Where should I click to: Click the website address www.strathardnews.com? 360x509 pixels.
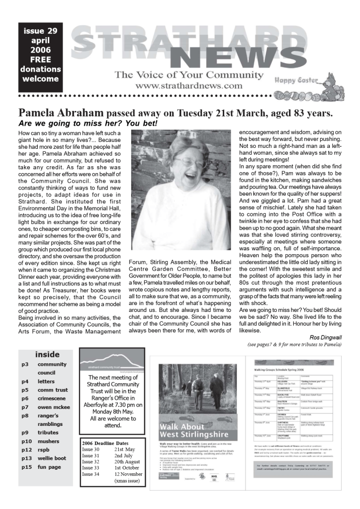point(188,86)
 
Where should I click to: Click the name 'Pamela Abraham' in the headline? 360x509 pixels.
point(62,112)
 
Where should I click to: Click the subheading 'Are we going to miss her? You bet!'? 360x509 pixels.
point(88,123)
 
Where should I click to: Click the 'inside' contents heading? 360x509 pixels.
point(47,355)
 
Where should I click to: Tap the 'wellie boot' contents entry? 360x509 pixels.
point(52,458)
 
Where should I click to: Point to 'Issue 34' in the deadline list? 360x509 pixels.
point(91,475)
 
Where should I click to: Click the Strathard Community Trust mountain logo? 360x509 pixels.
point(112,360)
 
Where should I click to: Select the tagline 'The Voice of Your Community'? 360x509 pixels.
point(188,75)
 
